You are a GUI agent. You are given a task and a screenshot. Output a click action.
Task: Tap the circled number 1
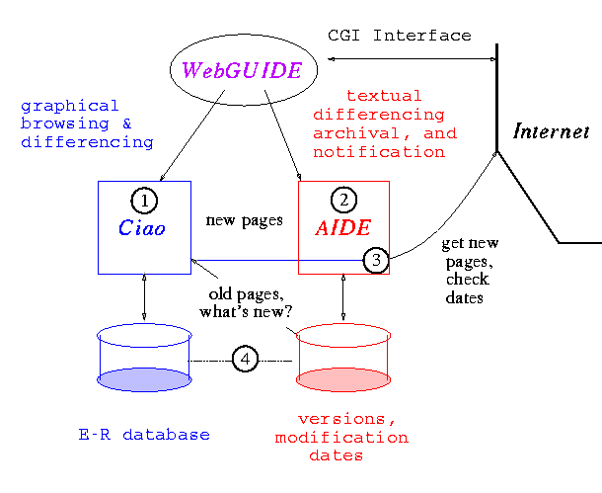pos(145,201)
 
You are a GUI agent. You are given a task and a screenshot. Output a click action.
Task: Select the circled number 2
pos(343,201)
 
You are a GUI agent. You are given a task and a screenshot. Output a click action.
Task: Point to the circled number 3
pos(376,260)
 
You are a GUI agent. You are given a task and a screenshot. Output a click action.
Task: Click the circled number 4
pos(245,360)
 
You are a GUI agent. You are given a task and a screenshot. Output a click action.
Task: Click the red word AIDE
pos(343,228)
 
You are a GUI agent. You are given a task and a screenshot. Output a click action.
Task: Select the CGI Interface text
pos(399,36)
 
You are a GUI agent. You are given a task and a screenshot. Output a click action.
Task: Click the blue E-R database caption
pos(144,435)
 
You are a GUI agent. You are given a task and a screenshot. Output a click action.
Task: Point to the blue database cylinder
pos(144,360)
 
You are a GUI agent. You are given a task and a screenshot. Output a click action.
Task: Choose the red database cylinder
pos(343,360)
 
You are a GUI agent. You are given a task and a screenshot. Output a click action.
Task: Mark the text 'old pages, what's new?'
pos(247,303)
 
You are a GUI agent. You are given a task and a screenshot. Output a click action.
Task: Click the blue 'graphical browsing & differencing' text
pos(86,123)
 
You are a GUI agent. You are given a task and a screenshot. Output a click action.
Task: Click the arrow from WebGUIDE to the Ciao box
pos(193,138)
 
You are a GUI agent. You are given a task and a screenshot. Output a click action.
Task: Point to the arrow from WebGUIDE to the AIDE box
pos(284,138)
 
